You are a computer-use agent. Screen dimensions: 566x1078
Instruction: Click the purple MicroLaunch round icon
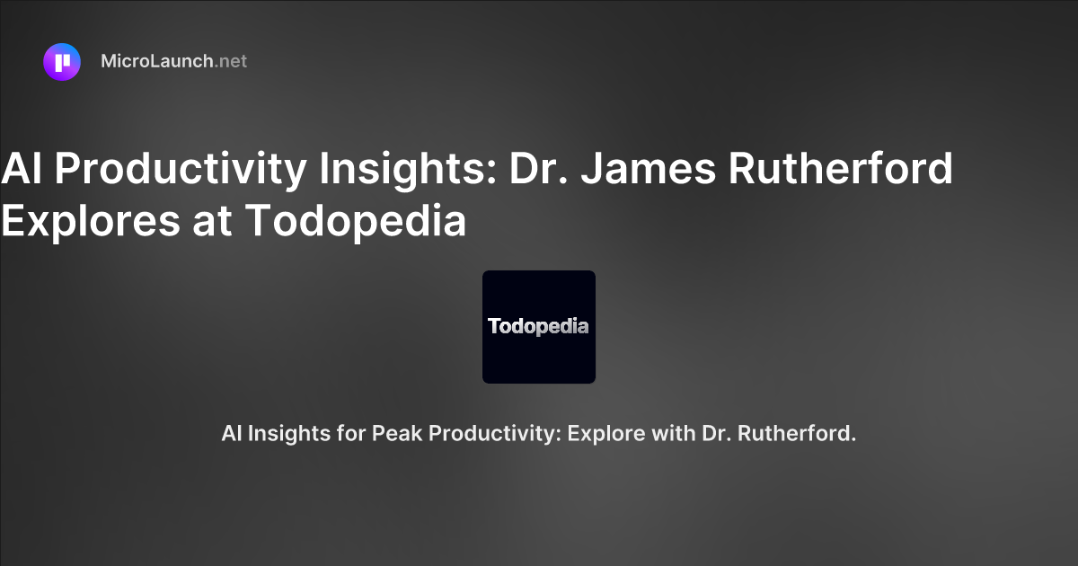(62, 62)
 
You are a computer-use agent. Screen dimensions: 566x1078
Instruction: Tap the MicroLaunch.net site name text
(173, 62)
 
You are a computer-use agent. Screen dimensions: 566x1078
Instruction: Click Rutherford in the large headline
(841, 169)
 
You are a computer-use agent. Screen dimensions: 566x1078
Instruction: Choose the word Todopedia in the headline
(357, 221)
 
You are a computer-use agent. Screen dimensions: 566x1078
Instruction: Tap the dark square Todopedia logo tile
(539, 327)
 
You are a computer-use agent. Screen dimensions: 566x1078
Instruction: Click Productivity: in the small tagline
(495, 434)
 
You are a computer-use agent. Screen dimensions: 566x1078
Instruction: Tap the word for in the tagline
(346, 434)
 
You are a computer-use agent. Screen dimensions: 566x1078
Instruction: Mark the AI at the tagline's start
(231, 434)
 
